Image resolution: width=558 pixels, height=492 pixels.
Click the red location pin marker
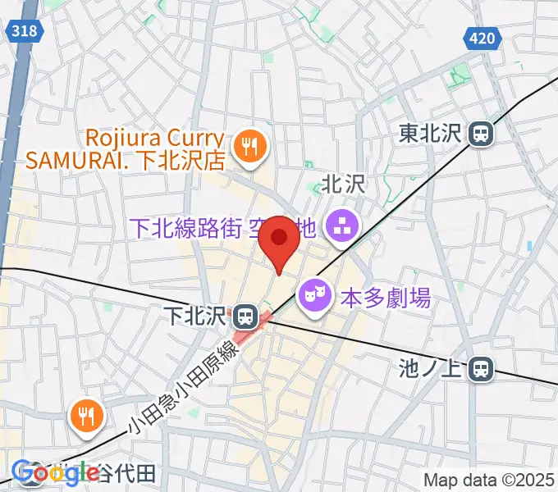pyautogui.click(x=280, y=239)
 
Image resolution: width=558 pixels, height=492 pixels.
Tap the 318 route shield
pyautogui.click(x=25, y=30)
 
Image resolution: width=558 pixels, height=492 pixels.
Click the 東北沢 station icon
pyautogui.click(x=480, y=133)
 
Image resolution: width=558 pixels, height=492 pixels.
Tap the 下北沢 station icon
pyautogui.click(x=244, y=315)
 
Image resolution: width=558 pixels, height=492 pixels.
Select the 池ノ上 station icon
pyautogui.click(x=481, y=370)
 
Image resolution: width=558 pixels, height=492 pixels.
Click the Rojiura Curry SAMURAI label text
pyautogui.click(x=124, y=148)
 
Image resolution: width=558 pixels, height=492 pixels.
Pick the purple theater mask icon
pyautogui.click(x=313, y=291)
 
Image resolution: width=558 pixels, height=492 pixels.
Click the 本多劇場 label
pyautogui.click(x=385, y=298)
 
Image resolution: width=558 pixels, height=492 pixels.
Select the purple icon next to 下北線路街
pyautogui.click(x=338, y=225)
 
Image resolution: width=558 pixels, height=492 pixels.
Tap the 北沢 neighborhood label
pyautogui.click(x=342, y=184)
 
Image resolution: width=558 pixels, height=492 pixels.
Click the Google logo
pyautogui.click(x=56, y=472)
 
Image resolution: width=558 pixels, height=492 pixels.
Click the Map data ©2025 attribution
pyautogui.click(x=489, y=480)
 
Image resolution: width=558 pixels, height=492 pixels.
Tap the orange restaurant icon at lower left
pyautogui.click(x=85, y=417)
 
